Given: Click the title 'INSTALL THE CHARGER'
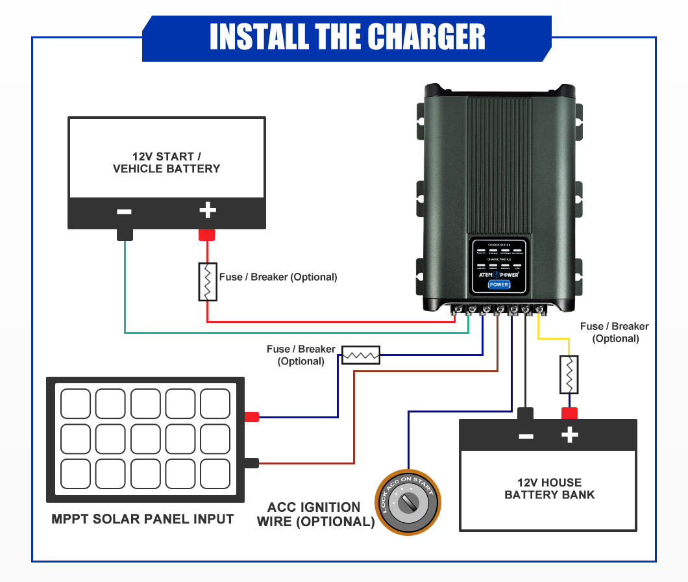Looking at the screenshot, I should (x=347, y=37).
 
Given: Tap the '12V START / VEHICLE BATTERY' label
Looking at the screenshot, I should (x=166, y=162).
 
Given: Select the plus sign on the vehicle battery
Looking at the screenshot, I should (x=207, y=210).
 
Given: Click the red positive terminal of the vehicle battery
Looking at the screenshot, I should (x=207, y=234).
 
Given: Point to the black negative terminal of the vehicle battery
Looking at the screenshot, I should (x=125, y=234).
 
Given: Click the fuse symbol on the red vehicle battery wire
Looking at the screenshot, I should (x=207, y=282).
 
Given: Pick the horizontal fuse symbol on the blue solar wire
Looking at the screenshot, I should (x=361, y=355).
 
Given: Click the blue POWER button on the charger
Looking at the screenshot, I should (x=499, y=285).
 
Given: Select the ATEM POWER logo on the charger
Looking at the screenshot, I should (x=498, y=275).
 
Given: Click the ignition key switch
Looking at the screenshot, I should (x=408, y=503).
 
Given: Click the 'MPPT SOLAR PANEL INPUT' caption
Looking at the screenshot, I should (x=142, y=519).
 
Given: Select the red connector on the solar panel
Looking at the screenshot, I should (x=251, y=417).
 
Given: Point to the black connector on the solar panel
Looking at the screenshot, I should (x=251, y=463).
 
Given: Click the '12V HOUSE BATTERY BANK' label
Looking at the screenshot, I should (x=549, y=488).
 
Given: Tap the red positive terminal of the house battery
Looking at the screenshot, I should (x=569, y=413).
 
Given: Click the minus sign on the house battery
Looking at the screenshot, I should (x=526, y=435).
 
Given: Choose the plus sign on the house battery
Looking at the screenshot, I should (x=569, y=435).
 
